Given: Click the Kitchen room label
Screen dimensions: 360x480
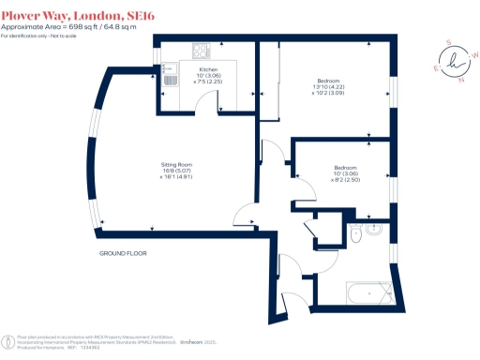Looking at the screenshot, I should click(208, 68).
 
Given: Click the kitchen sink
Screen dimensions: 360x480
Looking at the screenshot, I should click(169, 74).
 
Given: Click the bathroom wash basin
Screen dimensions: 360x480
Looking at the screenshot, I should click(375, 227).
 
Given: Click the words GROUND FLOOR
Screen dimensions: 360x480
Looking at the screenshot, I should click(124, 254).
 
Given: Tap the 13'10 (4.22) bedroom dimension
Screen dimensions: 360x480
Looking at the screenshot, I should click(329, 88).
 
